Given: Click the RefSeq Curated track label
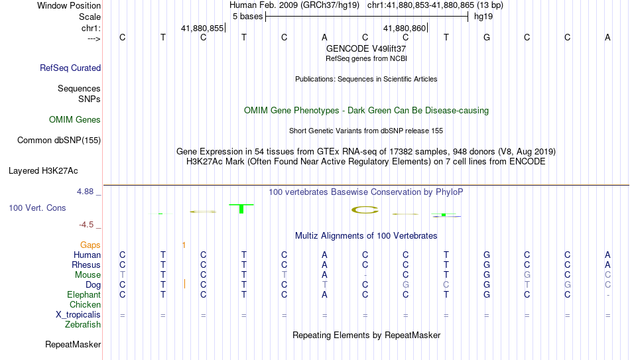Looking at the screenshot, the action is pos(70,68).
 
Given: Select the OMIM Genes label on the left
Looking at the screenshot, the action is pos(75,120).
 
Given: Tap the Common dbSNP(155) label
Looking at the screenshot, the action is pos(59,141).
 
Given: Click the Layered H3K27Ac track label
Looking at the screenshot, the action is pos(43,171).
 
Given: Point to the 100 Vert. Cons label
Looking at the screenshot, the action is pos(37,208).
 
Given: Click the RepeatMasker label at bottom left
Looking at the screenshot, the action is pos(73,344).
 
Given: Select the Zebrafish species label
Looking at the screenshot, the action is pos(83,324).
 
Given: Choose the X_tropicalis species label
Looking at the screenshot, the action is pos(78,315).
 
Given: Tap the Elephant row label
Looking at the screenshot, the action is pos(84,294).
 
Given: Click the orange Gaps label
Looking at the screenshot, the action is pos(90,245).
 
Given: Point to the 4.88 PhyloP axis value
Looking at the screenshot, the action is pos(85,192).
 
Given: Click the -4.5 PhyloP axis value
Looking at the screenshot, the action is pos(86,225).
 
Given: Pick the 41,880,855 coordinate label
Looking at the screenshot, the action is pos(202,28).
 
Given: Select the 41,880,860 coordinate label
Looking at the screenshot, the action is pos(405,28).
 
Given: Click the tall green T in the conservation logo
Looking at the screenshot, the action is pos(241,209).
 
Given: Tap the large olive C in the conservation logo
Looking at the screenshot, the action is pos(365,210).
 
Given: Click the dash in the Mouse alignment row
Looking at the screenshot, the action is pos(365,275).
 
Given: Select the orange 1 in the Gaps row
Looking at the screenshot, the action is pos(184,245).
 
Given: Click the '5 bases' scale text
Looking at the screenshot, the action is pos(247,17).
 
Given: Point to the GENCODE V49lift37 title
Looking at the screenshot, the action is pos(366,48).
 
